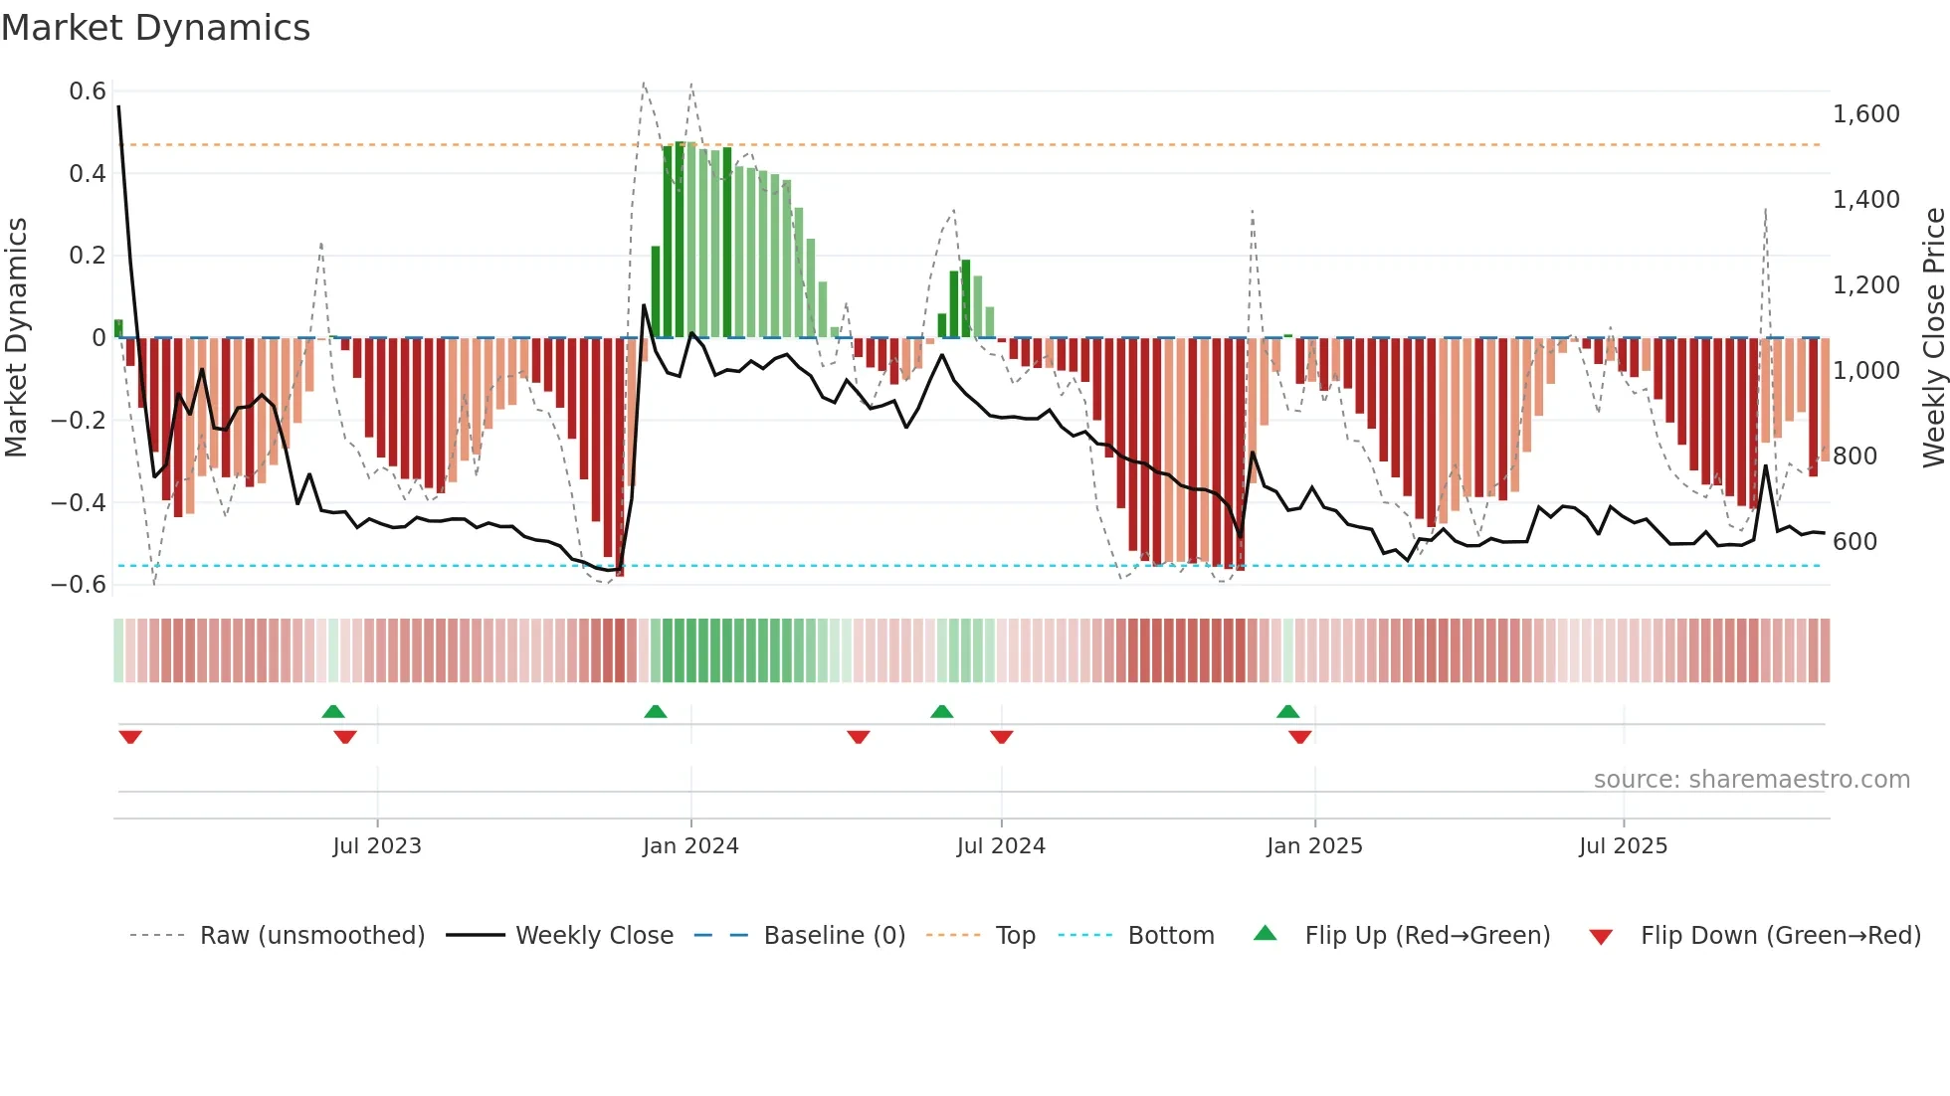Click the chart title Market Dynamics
tap(156, 28)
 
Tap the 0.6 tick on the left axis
tap(88, 91)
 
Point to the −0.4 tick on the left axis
tap(79, 502)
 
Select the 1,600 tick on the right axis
tap(1865, 114)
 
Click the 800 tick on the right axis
tap(1854, 457)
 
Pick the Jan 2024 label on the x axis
tap(690, 846)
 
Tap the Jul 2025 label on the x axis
tap(1623, 846)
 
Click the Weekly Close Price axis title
tap(1933, 338)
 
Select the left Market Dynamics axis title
tap(16, 338)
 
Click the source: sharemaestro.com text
tap(1751, 780)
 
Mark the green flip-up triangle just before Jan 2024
tap(655, 712)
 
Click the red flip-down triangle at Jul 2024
tap(1001, 737)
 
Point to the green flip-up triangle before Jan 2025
tap(1287, 712)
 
